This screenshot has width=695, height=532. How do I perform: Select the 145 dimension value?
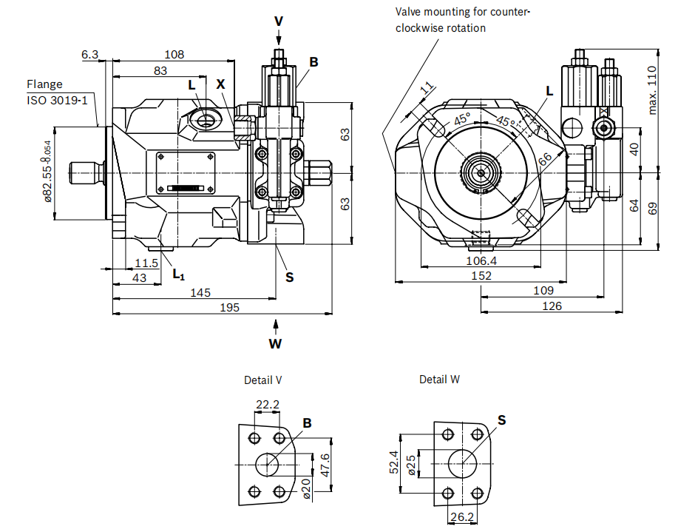pyautogui.click(x=200, y=292)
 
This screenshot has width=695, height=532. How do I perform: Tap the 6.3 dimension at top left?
pyautogui.click(x=89, y=54)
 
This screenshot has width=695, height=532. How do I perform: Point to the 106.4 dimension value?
pyautogui.click(x=481, y=260)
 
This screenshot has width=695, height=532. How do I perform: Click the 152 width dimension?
pyautogui.click(x=481, y=275)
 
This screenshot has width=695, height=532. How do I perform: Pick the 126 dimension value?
pyautogui.click(x=552, y=306)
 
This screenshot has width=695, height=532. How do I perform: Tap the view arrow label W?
pyautogui.click(x=275, y=343)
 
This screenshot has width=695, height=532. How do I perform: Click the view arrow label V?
pyautogui.click(x=278, y=21)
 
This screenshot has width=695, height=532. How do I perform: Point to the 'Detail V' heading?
pyautogui.click(x=262, y=380)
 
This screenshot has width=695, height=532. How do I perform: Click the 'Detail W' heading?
pyautogui.click(x=439, y=380)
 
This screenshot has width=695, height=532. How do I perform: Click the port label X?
pyautogui.click(x=220, y=84)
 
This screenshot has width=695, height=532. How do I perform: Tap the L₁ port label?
pyautogui.click(x=177, y=275)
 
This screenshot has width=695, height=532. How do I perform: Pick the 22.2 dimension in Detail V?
pyautogui.click(x=267, y=405)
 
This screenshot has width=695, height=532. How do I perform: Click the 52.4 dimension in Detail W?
pyautogui.click(x=394, y=462)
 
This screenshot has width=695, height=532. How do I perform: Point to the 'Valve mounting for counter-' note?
pyautogui.click(x=463, y=12)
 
